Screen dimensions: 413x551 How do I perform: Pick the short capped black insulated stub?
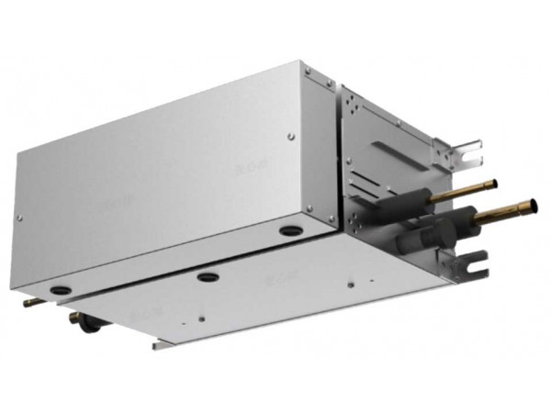click(410, 244)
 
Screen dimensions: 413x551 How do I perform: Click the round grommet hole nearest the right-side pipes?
click(290, 230)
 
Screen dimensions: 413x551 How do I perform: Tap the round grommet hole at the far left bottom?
click(60, 290)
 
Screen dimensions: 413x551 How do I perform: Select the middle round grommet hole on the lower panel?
click(208, 276)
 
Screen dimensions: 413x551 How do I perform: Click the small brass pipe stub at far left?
click(30, 302)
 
